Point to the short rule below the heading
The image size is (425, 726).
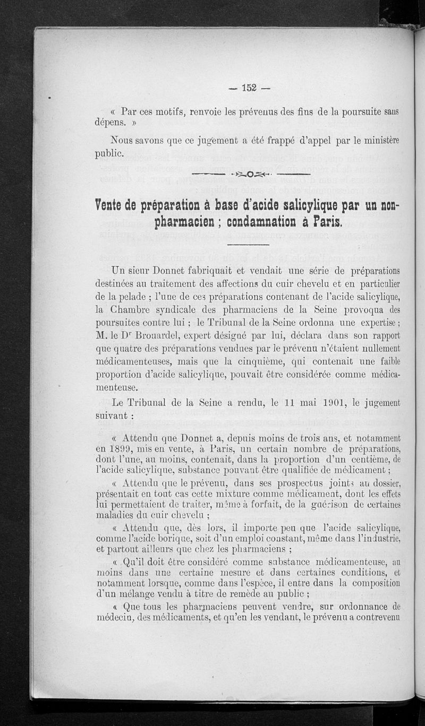click(x=249, y=245)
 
